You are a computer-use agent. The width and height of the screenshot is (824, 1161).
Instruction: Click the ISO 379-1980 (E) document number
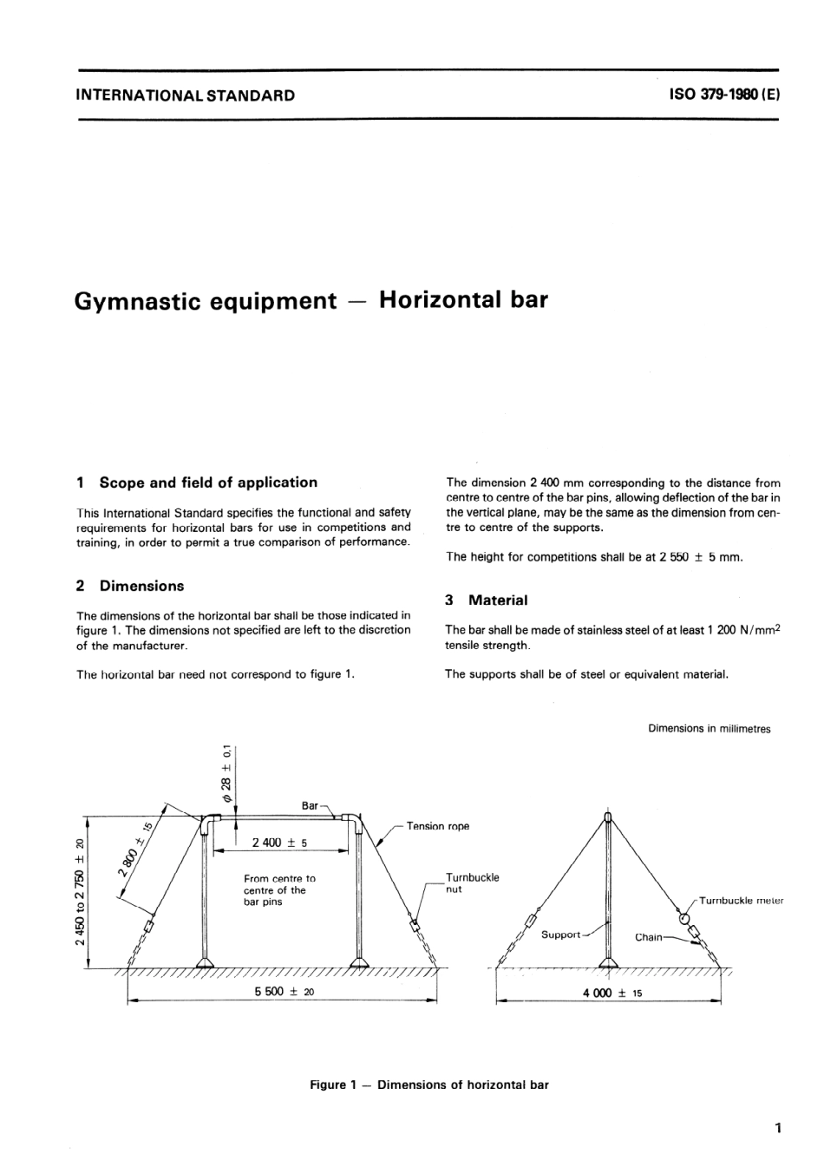[724, 95]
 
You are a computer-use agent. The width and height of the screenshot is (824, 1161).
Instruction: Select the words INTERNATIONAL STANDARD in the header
[186, 95]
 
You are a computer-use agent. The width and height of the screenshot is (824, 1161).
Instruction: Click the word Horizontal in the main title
[441, 300]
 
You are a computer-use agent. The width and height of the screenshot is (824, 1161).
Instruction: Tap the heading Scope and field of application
[208, 482]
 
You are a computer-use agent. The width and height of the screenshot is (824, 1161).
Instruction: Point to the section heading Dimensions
[141, 586]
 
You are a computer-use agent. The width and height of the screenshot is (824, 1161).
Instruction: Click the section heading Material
[497, 600]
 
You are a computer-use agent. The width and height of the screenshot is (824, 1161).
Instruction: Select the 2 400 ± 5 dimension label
[279, 843]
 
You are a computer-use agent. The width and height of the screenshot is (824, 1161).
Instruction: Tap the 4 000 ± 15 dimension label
[612, 993]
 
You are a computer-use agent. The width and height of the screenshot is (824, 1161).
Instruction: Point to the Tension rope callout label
[437, 826]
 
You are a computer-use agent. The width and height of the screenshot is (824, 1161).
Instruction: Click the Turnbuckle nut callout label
[472, 883]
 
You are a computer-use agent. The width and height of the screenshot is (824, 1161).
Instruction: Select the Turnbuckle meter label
[740, 901]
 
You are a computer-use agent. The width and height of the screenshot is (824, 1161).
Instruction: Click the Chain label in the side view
[648, 937]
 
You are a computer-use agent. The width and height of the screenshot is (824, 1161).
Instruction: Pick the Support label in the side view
[560, 935]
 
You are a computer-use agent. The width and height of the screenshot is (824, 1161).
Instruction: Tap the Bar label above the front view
[311, 805]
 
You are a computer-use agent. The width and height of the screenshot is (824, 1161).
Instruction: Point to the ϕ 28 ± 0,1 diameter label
[226, 772]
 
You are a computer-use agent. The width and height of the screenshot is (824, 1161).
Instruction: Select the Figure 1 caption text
[429, 1085]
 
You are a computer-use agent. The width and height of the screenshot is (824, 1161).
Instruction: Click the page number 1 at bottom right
[778, 1128]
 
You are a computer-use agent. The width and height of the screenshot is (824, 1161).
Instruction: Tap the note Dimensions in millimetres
[709, 729]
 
